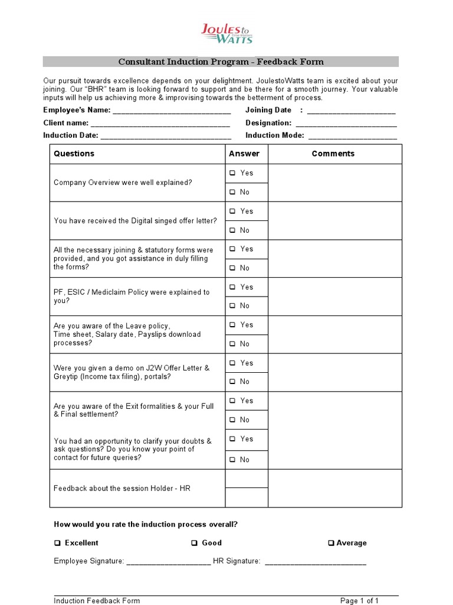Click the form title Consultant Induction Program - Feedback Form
(x=221, y=62)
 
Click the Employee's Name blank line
(x=171, y=111)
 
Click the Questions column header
(x=74, y=154)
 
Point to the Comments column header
(x=333, y=154)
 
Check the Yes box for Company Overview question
(x=232, y=173)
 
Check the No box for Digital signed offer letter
(x=232, y=230)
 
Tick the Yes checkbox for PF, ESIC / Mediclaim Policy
(x=232, y=287)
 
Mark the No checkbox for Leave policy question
(x=232, y=344)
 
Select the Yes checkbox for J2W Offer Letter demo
(x=232, y=363)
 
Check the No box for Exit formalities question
(x=232, y=420)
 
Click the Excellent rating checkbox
(x=57, y=543)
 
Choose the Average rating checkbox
(x=331, y=543)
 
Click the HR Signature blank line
(x=316, y=562)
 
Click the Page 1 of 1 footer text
(x=359, y=601)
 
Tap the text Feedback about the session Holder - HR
(x=122, y=489)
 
